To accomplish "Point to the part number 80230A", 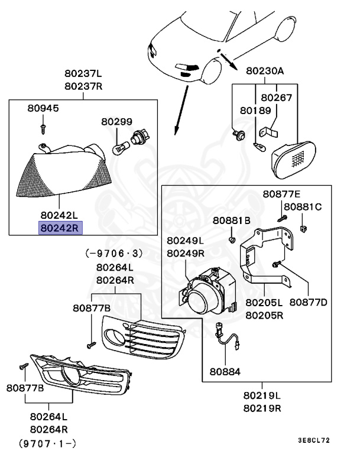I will point(265,71).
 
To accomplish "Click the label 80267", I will point(277,97).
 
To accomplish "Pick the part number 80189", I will point(255,110).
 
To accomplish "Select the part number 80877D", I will point(309,302).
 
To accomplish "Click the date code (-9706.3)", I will point(115,253).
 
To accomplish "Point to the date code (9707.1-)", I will point(48,442).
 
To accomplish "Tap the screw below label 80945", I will point(43,127).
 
